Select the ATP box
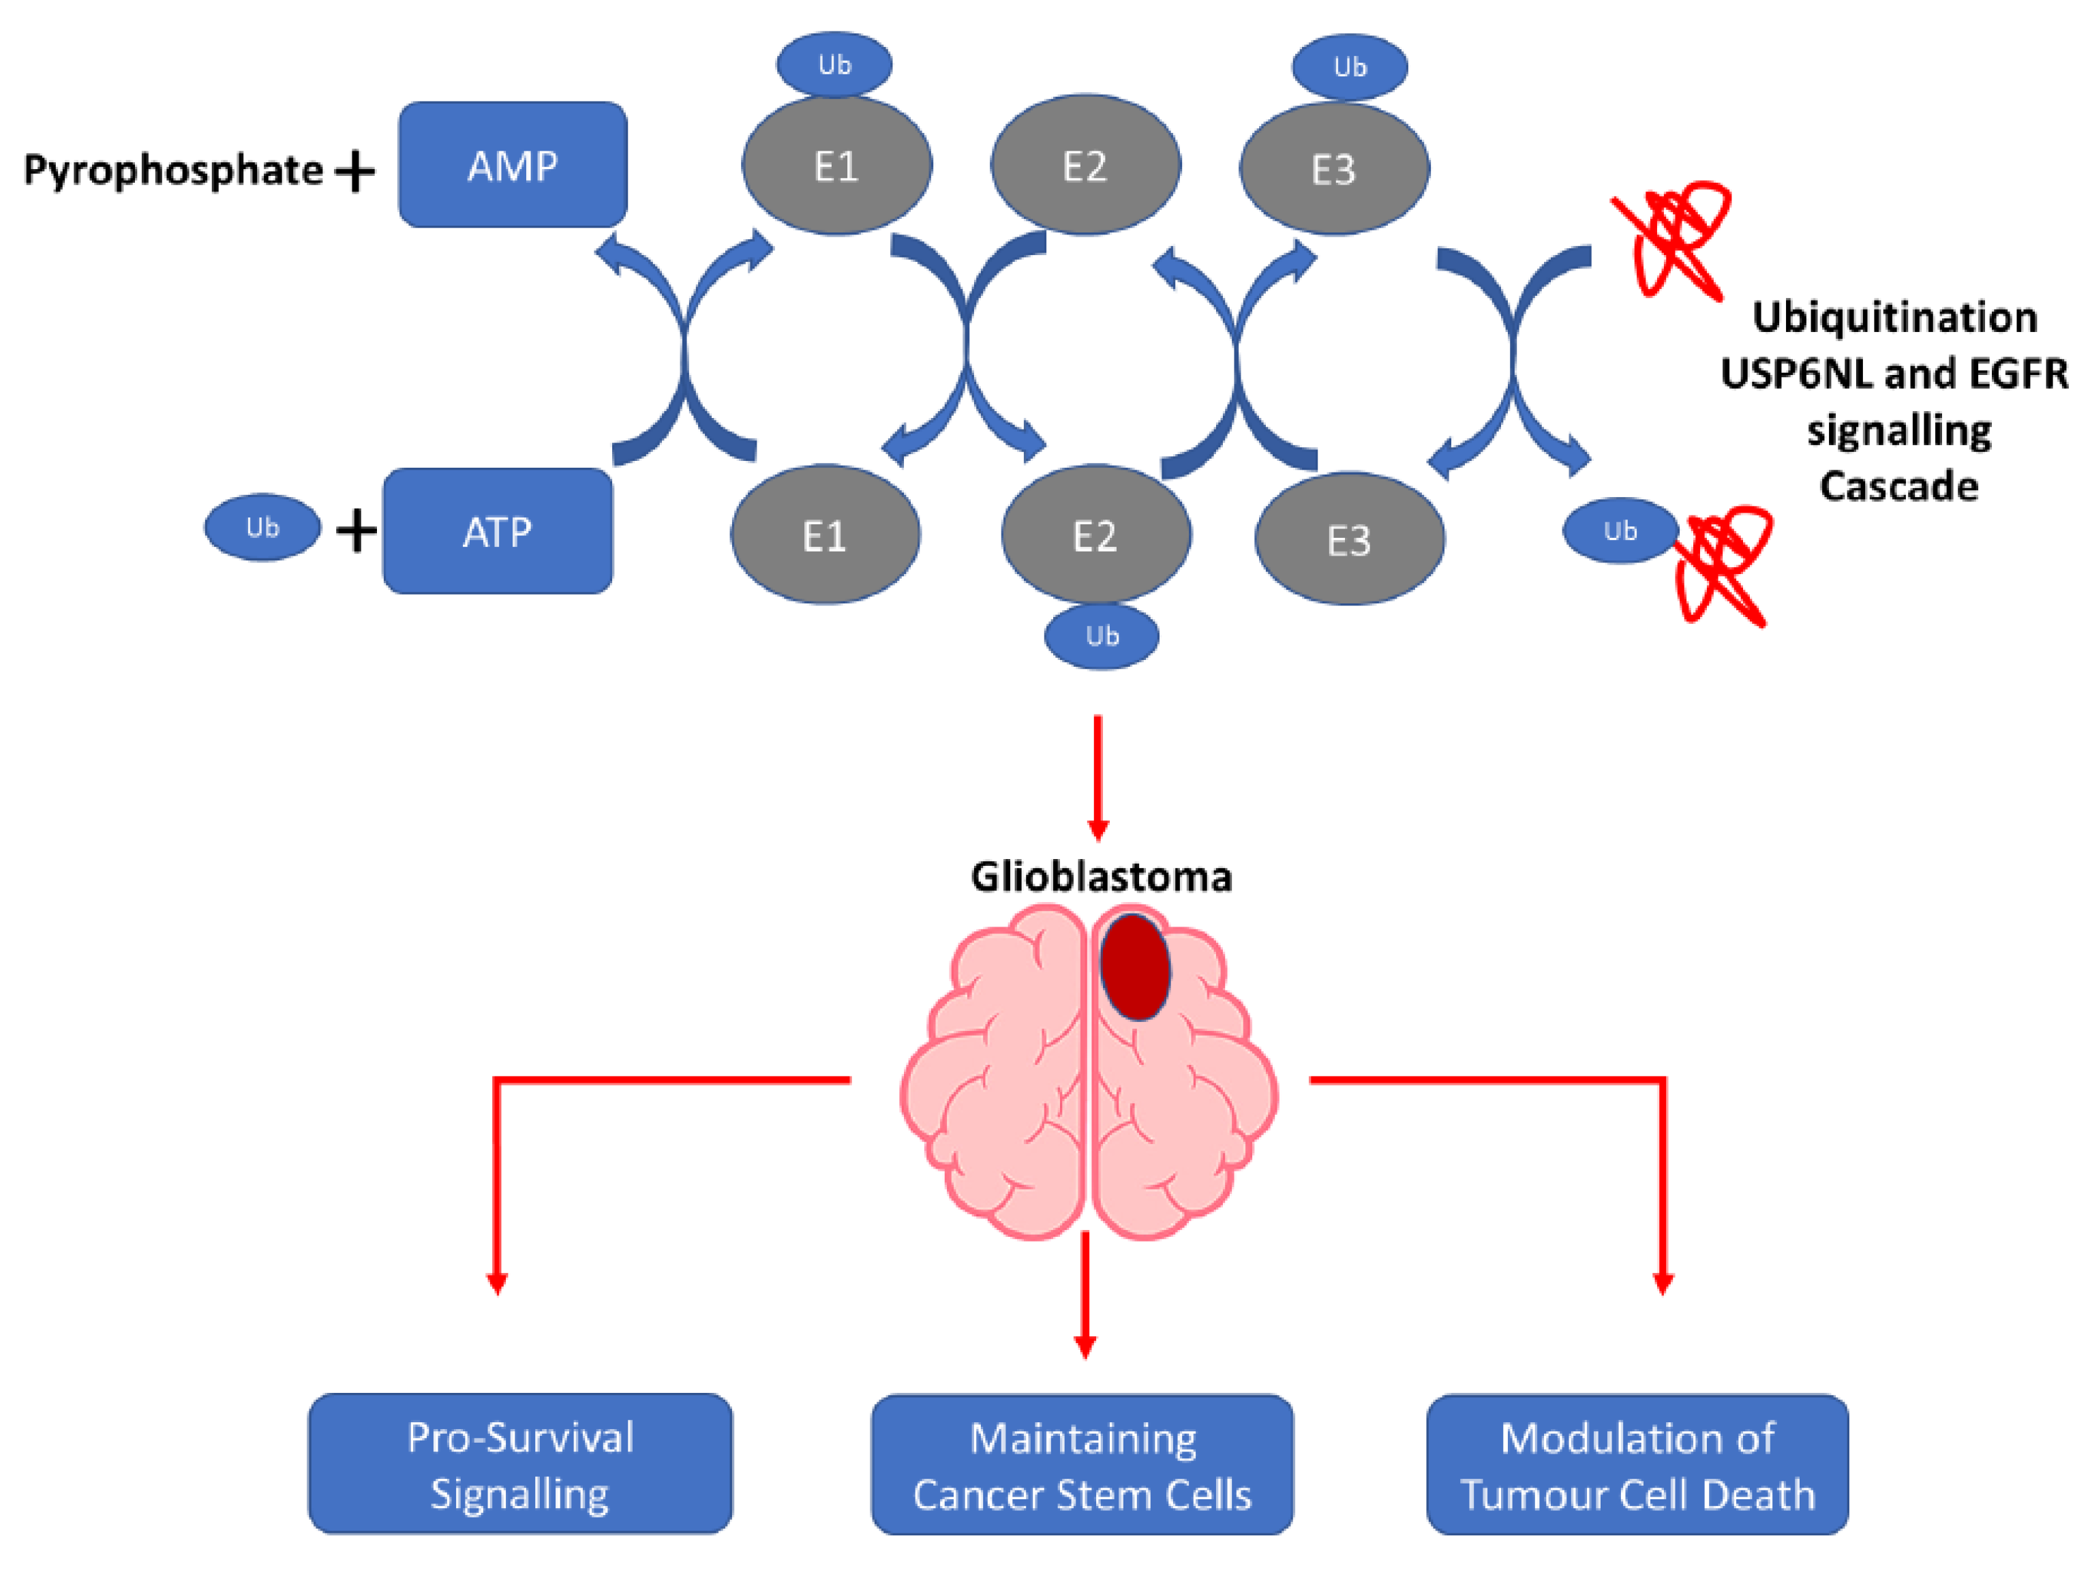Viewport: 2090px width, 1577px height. pyautogui.click(x=497, y=532)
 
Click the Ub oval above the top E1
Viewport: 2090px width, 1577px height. pyautogui.click(x=834, y=64)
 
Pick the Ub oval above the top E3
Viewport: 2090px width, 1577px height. pyautogui.click(x=1349, y=67)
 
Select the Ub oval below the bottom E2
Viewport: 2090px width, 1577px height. pyautogui.click(x=1102, y=637)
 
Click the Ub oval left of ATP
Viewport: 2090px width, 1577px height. pyautogui.click(x=262, y=527)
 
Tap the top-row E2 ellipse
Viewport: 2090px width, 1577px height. pyautogui.click(x=1085, y=166)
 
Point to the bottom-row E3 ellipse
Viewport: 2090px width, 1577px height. pyautogui.click(x=1348, y=539)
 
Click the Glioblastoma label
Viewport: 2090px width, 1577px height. pyautogui.click(x=1101, y=877)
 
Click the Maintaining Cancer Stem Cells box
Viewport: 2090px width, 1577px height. pyautogui.click(x=1082, y=1465)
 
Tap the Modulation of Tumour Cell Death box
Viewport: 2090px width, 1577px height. pyautogui.click(x=1637, y=1465)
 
